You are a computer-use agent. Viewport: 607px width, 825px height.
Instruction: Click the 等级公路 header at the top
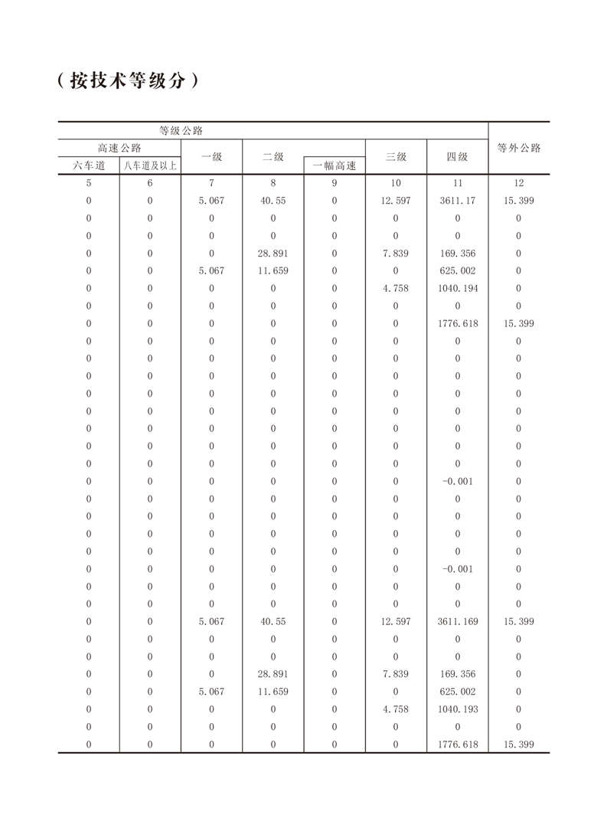[x=181, y=131]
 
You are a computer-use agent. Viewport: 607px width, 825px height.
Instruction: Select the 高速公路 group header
[x=119, y=148]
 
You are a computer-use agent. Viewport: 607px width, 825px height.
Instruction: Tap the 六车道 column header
[x=89, y=165]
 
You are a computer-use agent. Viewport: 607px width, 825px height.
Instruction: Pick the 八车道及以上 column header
[x=150, y=165]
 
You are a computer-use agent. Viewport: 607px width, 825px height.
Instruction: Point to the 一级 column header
[x=211, y=156]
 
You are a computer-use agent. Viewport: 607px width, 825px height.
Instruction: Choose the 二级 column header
[x=273, y=156]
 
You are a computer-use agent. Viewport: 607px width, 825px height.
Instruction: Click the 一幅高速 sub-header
[x=335, y=165]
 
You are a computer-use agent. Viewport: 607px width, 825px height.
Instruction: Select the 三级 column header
[x=396, y=156]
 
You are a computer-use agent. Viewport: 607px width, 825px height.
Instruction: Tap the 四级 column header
[x=457, y=156]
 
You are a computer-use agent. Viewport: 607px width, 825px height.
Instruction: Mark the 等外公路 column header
[x=519, y=148]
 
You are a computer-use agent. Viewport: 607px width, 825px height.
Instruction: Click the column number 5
[x=89, y=183]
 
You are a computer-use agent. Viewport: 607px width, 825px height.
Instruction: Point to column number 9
[x=335, y=183]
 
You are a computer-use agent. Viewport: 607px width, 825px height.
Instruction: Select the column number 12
[x=519, y=183]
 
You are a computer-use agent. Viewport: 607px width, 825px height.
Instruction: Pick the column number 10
[x=396, y=183]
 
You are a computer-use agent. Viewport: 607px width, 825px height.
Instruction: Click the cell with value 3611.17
[x=457, y=201]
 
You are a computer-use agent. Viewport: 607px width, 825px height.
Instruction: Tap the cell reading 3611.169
[x=457, y=621]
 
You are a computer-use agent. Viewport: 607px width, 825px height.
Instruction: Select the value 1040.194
[x=457, y=288]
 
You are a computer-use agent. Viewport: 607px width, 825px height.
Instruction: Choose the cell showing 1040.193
[x=457, y=709]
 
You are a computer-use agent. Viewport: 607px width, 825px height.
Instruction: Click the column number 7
[x=211, y=183]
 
